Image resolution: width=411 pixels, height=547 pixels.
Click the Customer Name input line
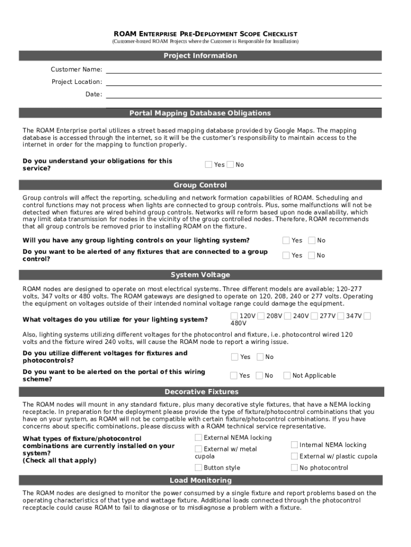pos(243,69)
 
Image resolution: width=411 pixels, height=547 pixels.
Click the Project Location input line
pos(243,82)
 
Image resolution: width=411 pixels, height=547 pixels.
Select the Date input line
pos(243,94)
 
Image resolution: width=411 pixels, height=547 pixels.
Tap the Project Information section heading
pos(200,56)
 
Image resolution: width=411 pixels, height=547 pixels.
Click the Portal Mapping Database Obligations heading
pos(200,113)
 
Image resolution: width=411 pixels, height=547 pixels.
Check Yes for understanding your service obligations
pos(209,165)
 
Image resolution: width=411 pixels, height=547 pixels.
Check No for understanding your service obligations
pos(230,165)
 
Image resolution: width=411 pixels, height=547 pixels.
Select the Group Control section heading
pos(200,185)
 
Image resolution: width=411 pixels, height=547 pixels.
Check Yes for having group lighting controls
pos(286,240)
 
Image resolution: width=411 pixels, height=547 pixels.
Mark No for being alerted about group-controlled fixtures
pos(312,255)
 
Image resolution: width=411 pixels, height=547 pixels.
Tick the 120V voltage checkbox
pos(234,316)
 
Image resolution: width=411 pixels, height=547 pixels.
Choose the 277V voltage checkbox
pos(314,316)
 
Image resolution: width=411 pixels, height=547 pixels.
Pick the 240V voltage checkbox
pos(288,316)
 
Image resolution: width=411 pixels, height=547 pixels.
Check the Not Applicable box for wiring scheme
pos(287,376)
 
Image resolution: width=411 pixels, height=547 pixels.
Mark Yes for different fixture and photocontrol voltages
pos(235,357)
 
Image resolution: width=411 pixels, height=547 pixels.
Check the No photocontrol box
pos(294,467)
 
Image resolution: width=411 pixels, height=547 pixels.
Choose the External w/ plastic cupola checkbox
pos(294,456)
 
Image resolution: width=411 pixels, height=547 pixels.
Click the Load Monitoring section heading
pos(200,480)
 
